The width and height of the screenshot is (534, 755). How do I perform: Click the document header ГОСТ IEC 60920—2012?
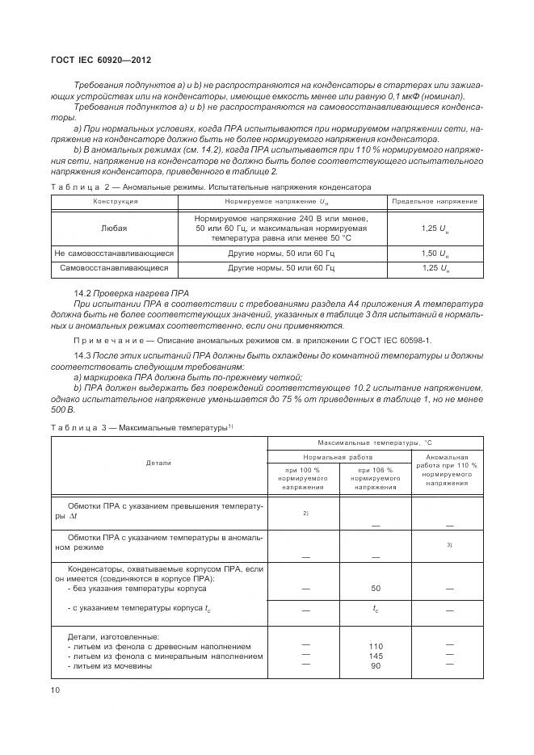pyautogui.click(x=101, y=61)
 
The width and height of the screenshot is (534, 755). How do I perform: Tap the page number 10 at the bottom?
pyautogui.click(x=56, y=690)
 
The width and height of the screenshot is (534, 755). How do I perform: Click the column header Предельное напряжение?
pyautogui.click(x=435, y=201)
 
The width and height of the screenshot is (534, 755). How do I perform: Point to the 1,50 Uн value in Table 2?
pyautogui.click(x=435, y=253)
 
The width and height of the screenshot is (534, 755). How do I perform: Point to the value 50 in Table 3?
pyautogui.click(x=375, y=589)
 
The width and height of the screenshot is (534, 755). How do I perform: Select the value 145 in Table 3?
pyautogui.click(x=375, y=656)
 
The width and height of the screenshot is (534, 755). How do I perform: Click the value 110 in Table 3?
pyautogui.click(x=375, y=646)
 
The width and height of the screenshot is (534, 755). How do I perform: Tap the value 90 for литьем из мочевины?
pyautogui.click(x=375, y=665)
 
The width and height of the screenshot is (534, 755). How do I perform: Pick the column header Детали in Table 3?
pyautogui.click(x=158, y=463)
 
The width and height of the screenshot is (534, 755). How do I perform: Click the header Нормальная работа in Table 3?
pyautogui.click(x=339, y=457)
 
